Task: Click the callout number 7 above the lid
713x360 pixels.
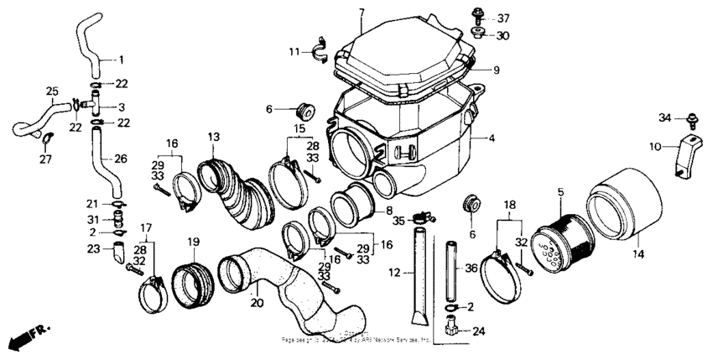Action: click(361, 12)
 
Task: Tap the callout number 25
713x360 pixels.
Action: click(51, 91)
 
